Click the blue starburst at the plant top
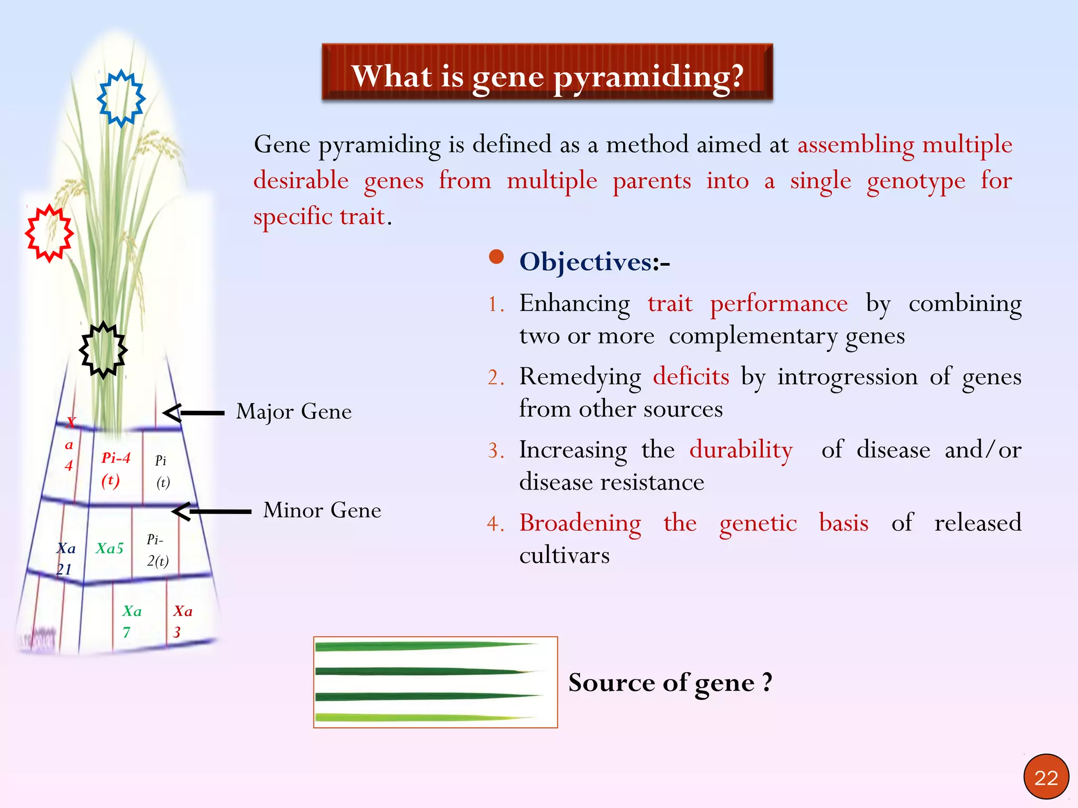point(121,99)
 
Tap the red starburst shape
point(49,234)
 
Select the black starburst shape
point(103,350)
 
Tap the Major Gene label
point(294,412)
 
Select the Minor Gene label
point(322,510)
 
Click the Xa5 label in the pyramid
point(109,549)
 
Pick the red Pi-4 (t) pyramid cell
point(115,469)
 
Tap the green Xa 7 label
point(131,621)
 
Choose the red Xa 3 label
point(182,621)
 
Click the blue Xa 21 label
point(66,559)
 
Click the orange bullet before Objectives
point(496,257)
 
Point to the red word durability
point(741,450)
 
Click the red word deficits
point(691,377)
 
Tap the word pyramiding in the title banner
point(648,77)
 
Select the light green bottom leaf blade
point(421,717)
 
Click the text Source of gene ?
point(670,683)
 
